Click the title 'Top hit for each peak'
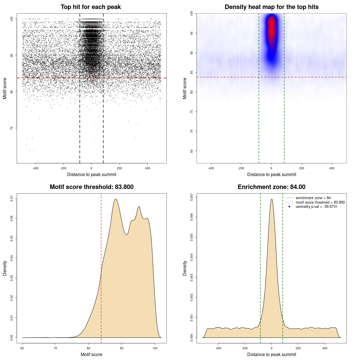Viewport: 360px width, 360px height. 91,7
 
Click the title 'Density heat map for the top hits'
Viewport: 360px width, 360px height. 271,7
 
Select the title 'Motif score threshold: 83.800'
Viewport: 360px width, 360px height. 91,187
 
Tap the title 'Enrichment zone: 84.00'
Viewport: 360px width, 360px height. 271,187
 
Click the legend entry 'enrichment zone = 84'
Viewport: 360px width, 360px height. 313,198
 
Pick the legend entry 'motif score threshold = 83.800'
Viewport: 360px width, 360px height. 320,202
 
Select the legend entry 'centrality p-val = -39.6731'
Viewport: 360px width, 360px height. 316,207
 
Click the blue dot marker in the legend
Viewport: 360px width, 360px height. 289,207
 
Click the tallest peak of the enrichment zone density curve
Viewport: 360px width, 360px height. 272,199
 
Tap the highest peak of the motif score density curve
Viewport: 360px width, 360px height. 116,199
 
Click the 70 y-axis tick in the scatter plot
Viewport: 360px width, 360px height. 12,128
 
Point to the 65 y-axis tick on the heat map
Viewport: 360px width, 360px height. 192,151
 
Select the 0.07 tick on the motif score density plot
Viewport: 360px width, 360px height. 12,199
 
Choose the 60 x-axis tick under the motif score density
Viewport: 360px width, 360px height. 22,348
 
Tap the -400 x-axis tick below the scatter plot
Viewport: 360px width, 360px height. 35,168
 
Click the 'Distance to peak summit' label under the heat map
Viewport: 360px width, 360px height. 272,175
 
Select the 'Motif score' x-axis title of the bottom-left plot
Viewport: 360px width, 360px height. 91,354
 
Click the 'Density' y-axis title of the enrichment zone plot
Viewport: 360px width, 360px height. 185,268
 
